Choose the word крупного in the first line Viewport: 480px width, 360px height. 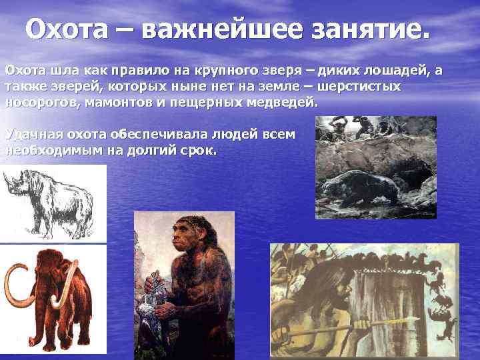(x=219, y=71)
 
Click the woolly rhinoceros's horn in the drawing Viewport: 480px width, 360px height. (x=9, y=179)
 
